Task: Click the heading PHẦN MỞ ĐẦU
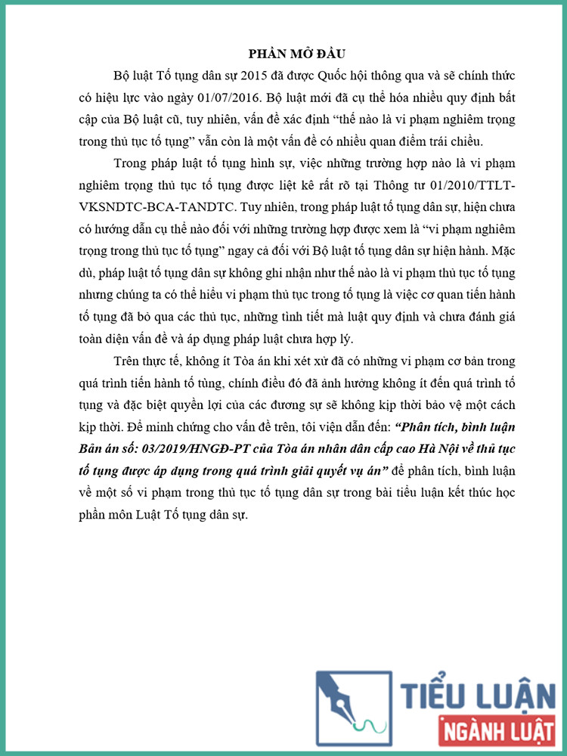click(x=296, y=54)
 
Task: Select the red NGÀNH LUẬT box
click(x=496, y=731)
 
